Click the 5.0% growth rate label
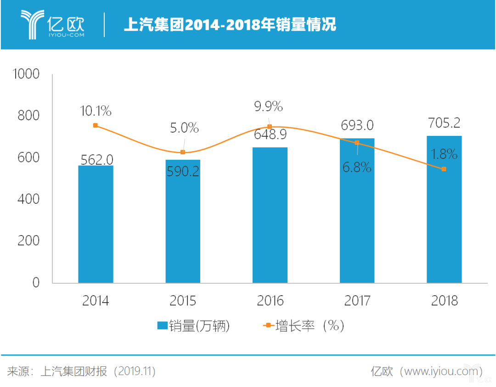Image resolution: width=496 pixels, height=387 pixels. (x=183, y=128)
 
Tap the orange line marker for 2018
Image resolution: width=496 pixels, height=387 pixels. (x=444, y=169)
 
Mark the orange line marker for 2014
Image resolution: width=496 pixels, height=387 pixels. (x=96, y=125)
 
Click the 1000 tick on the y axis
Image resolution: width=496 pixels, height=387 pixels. (x=26, y=74)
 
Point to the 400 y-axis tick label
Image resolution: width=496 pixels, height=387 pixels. (x=28, y=199)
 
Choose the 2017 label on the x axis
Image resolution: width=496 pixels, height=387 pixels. (x=357, y=301)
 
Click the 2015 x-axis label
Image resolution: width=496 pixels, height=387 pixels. (x=183, y=301)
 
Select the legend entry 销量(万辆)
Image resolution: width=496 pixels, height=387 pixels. (x=193, y=326)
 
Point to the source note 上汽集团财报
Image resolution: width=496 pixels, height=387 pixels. (x=73, y=371)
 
